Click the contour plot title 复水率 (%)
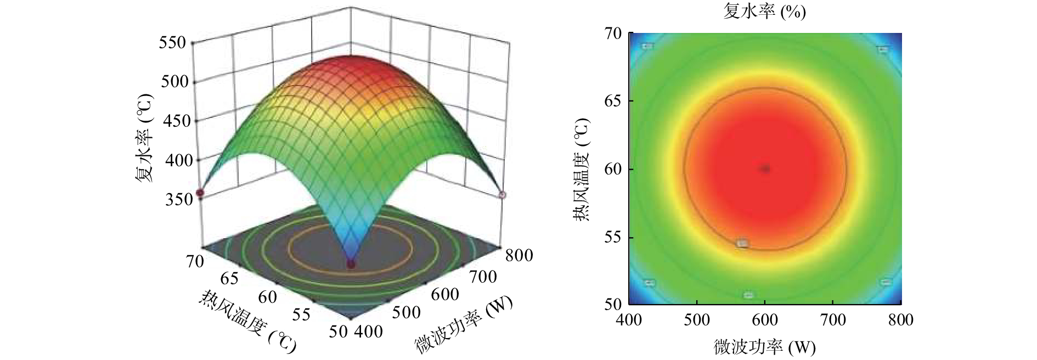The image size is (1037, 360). (764, 12)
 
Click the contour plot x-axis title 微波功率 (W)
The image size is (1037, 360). (764, 347)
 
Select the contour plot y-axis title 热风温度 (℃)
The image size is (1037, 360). (582, 169)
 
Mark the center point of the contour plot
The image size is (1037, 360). (765, 169)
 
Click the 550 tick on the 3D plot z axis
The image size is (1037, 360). (172, 42)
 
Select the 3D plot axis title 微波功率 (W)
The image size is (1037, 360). (464, 324)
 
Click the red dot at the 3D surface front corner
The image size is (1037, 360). (351, 265)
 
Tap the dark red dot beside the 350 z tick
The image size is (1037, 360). (200, 193)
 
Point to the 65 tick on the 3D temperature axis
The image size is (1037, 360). (229, 279)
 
